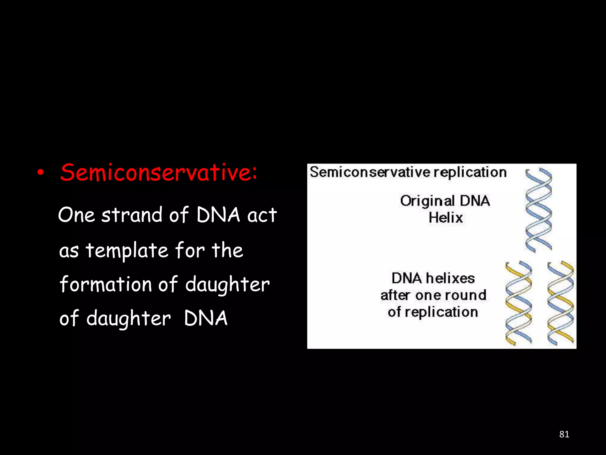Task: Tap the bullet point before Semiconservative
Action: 41,173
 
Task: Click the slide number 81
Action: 564,434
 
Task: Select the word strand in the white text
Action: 132,215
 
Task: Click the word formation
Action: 105,284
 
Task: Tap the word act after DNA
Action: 262,215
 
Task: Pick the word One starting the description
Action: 76,215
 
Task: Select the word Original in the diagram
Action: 427,201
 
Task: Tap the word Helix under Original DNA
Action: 446,218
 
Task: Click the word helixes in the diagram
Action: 450,278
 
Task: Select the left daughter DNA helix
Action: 518,303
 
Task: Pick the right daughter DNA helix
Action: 560,303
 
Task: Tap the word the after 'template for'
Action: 227,251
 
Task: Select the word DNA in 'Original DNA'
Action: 475,201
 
